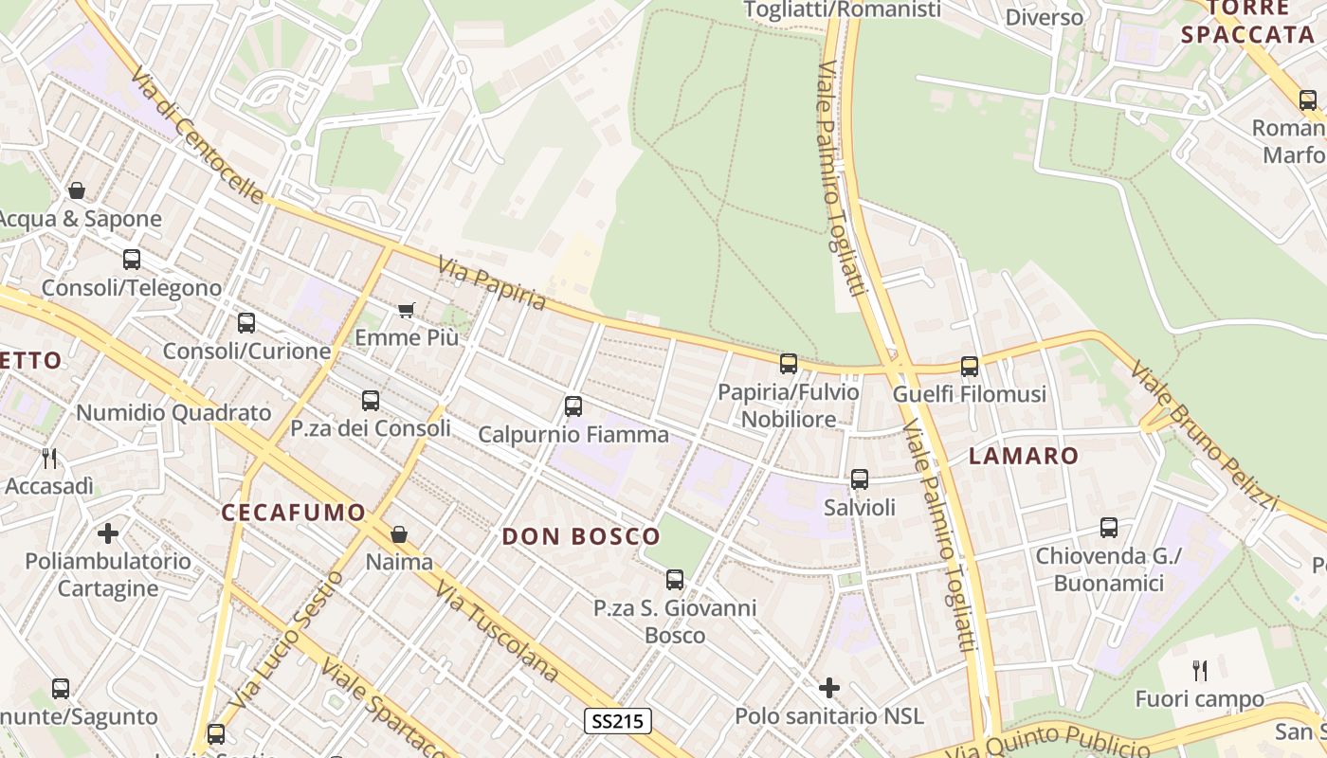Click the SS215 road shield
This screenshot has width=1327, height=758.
(617, 721)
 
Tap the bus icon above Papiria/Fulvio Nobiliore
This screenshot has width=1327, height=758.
(789, 364)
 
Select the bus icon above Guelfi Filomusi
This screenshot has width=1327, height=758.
(970, 366)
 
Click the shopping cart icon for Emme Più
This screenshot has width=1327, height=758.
(407, 310)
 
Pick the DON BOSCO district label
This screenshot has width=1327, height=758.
(580, 536)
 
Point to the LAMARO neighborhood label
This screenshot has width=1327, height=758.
(1024, 456)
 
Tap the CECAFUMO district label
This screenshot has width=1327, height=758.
(293, 513)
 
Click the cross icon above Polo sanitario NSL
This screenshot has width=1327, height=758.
(829, 688)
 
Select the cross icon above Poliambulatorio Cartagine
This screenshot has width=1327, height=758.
(108, 532)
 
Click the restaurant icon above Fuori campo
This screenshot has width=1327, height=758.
(1200, 671)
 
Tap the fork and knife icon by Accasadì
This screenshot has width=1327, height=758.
(49, 459)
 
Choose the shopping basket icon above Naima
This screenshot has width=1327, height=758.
(399, 534)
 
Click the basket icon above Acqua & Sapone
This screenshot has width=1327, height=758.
(77, 190)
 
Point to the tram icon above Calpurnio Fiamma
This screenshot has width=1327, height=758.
(573, 406)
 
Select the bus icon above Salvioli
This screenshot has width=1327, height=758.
(860, 479)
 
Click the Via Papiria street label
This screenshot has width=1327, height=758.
(493, 283)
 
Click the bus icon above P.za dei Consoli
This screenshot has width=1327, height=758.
(371, 401)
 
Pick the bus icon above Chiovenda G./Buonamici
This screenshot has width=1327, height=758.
(1109, 528)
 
